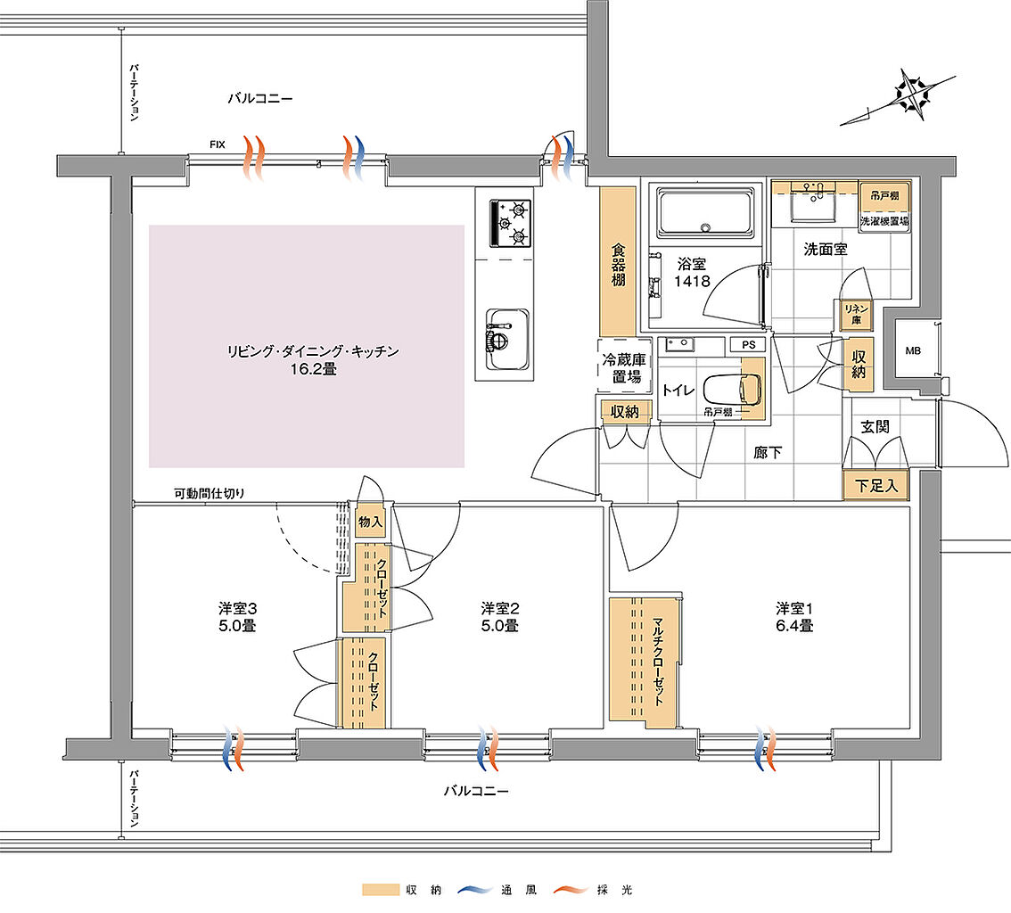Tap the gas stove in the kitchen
[511, 223]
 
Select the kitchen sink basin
[505, 331]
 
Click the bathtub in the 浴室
[704, 214]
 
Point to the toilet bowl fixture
[732, 388]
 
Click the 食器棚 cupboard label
[617, 266]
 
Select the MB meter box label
[912, 350]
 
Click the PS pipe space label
[747, 344]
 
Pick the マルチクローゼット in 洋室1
[644, 659]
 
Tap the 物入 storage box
[370, 522]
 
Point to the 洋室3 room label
[238, 608]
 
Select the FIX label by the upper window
[217, 144]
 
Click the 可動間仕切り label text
[210, 493]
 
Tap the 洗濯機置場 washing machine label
[884, 220]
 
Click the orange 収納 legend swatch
[380, 890]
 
